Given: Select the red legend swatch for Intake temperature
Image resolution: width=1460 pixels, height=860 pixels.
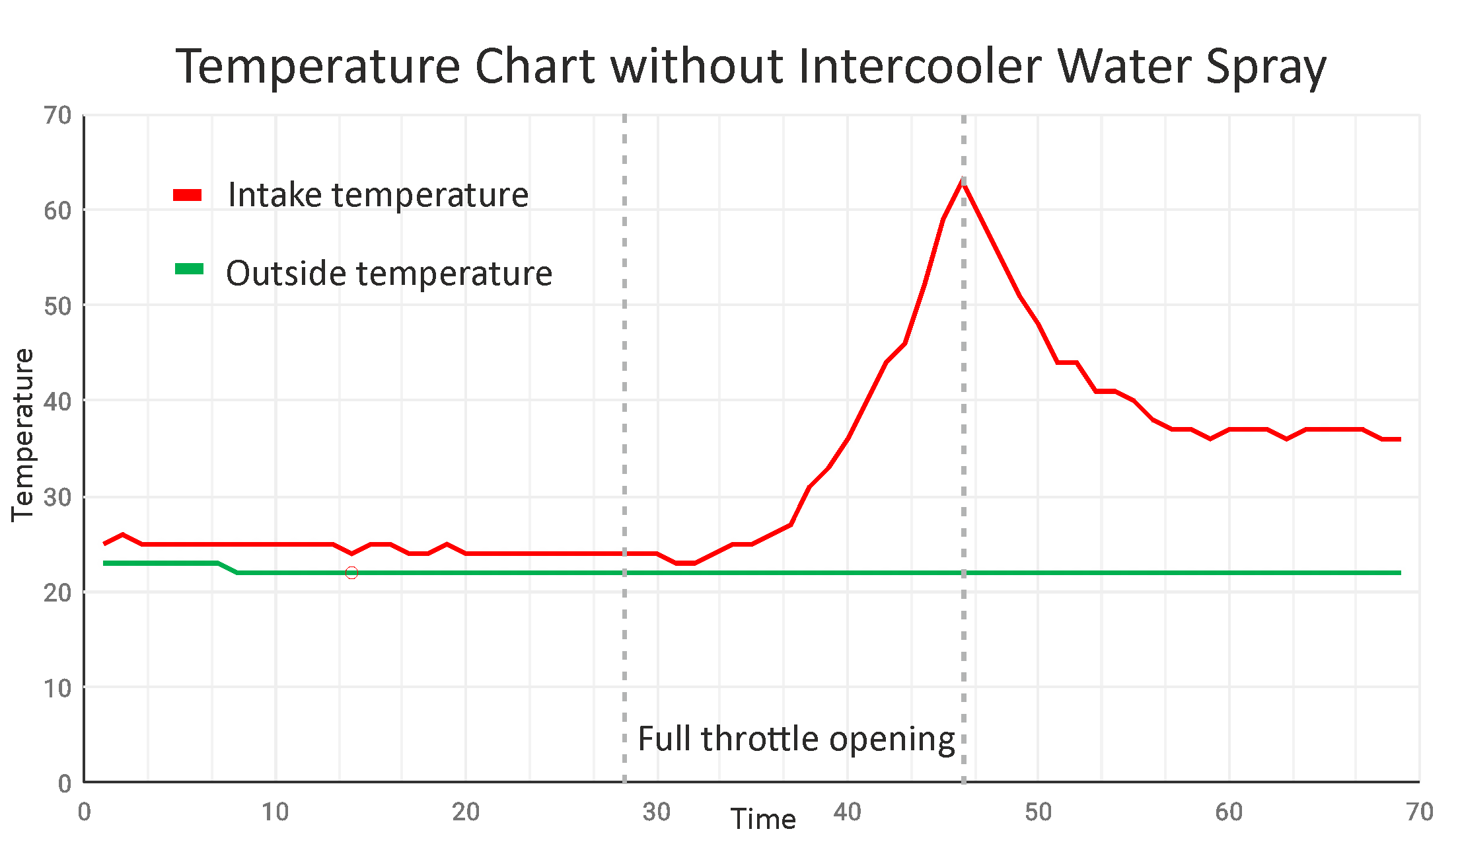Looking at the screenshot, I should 188,195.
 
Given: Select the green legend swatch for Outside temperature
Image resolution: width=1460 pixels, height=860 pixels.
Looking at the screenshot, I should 189,269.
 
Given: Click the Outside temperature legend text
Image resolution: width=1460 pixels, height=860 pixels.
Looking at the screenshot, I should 388,274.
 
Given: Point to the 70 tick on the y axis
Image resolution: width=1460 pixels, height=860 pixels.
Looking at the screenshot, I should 58,116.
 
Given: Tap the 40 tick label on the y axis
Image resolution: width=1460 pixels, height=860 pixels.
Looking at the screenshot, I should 58,402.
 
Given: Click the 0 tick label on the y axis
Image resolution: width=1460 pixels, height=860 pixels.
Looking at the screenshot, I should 65,784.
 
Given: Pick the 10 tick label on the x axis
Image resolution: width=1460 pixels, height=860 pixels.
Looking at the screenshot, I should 275,812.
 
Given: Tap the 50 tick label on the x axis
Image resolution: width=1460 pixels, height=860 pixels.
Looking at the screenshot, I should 1038,812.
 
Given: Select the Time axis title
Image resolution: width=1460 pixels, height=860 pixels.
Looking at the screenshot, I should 763,820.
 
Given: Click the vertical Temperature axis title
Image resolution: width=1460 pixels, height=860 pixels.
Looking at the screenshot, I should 23,435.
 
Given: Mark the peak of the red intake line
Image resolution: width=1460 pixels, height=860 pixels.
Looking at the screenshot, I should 963,180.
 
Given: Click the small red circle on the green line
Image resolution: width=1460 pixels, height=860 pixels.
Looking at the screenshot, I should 351,572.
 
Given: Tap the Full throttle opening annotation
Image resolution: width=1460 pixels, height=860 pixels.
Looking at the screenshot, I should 796,739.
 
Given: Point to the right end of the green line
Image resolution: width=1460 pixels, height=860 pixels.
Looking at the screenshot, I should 1399,572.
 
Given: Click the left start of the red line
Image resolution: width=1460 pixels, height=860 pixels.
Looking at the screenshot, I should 105,543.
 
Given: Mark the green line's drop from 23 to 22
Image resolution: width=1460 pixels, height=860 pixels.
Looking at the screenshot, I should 228,568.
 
